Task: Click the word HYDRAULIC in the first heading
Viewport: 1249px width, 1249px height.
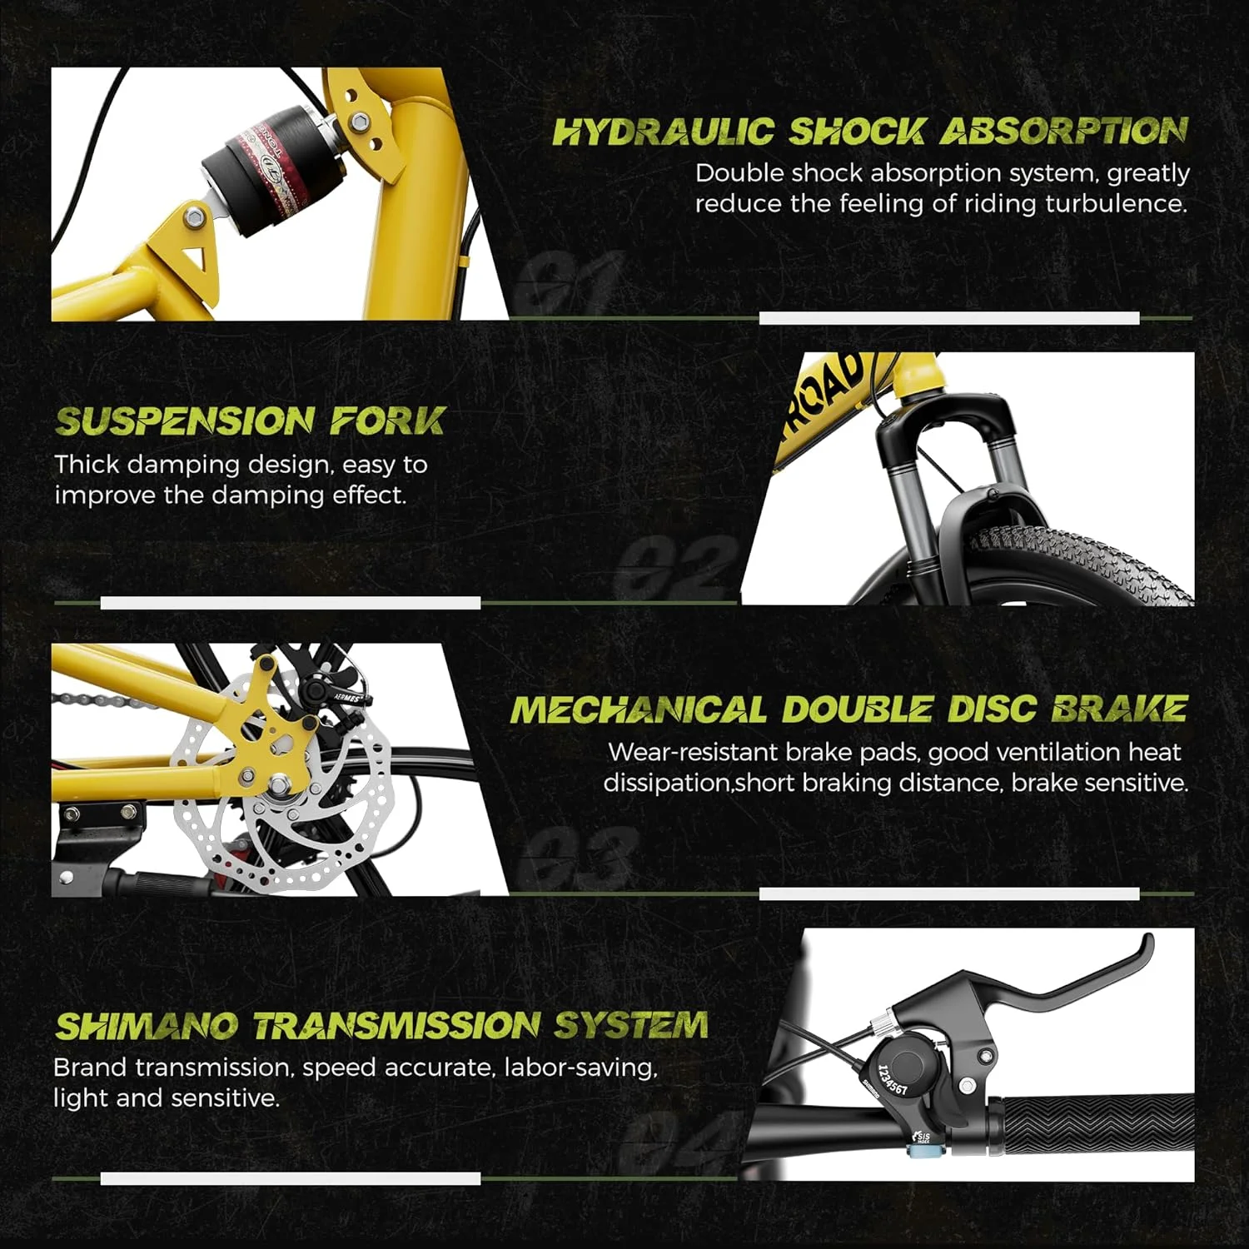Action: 664,132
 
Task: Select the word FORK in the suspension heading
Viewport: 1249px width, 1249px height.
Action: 387,421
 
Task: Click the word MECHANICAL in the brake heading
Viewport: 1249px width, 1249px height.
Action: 638,710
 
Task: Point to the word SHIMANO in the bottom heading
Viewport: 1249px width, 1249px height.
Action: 146,1026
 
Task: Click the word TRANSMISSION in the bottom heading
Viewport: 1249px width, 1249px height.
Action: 396,1026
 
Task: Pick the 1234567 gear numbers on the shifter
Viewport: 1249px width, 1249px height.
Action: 893,1080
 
